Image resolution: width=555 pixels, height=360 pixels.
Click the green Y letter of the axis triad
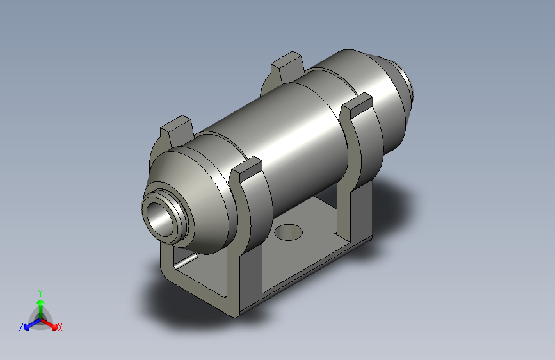[40, 291]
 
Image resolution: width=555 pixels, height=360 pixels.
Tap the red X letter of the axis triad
[60, 328]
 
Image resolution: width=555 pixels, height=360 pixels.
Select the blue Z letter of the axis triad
[21, 327]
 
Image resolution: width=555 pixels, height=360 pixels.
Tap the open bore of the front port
[159, 218]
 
